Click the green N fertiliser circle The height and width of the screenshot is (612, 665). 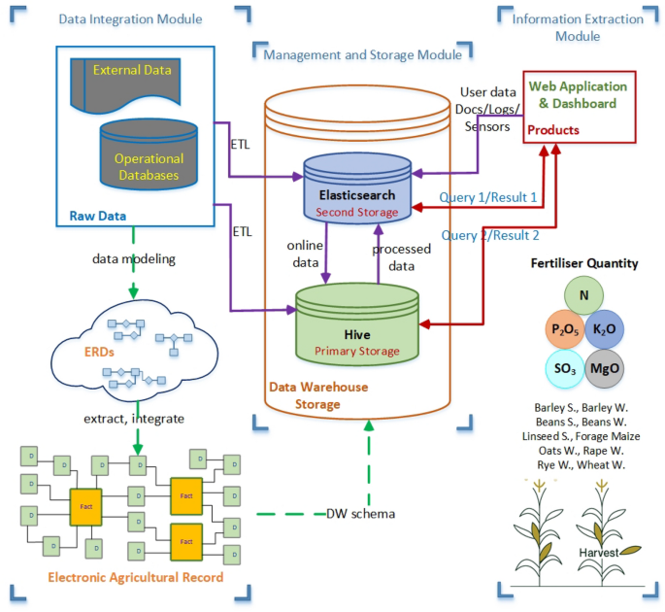584,295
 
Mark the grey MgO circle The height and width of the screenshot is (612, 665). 607,370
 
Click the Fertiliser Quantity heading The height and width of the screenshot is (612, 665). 584,263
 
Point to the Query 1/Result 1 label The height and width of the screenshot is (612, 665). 488,198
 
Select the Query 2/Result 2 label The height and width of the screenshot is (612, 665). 490,235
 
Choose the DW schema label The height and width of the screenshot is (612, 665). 360,513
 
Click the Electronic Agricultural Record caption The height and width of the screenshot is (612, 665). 135,578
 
